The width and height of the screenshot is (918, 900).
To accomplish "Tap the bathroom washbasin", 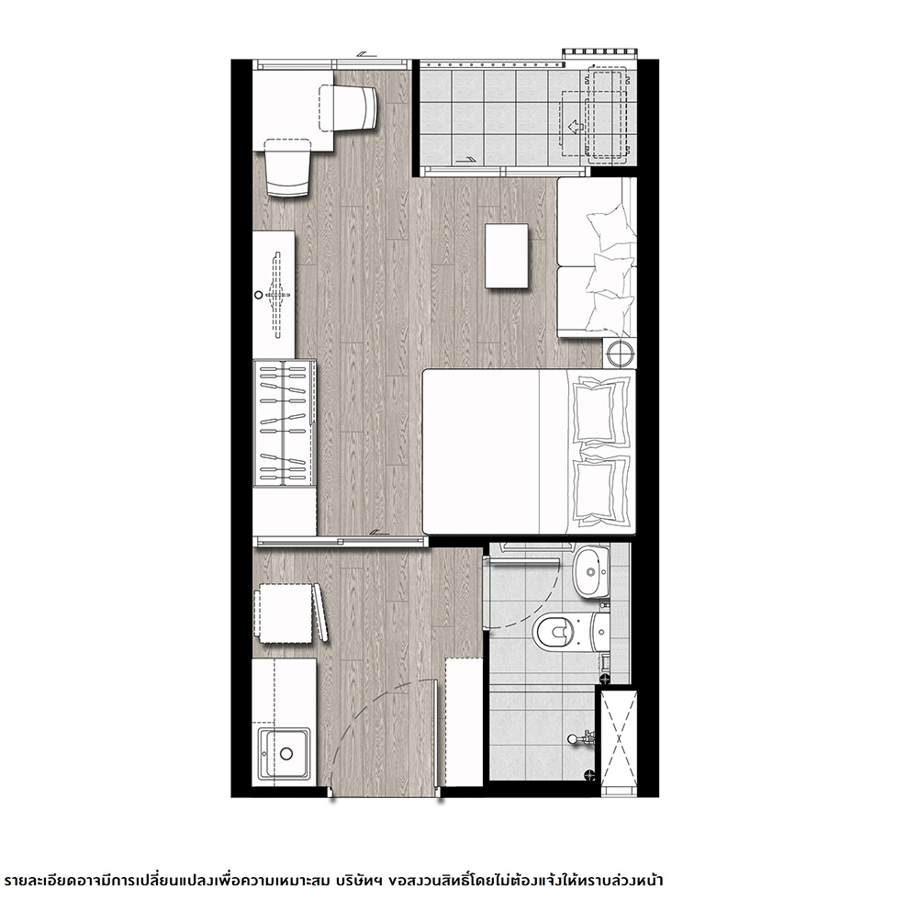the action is point(591,572).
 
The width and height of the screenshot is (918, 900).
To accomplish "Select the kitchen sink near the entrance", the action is point(285,754).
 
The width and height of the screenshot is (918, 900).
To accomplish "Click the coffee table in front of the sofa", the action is point(507,255).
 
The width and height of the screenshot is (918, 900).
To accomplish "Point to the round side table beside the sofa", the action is point(620,353).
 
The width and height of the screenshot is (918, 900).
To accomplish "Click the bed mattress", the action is point(528,452).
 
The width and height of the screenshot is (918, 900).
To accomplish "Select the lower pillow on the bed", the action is point(601,487).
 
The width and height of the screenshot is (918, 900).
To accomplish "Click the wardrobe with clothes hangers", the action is point(285,422).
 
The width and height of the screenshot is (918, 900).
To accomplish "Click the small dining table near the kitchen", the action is point(284,613).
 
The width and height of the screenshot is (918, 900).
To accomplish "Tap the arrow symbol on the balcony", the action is point(575,127).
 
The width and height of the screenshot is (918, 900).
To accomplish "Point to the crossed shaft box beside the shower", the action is point(618,741).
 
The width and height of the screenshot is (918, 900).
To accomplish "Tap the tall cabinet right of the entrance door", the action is point(464,722).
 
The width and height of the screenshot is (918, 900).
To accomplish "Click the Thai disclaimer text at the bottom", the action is point(333,880).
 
